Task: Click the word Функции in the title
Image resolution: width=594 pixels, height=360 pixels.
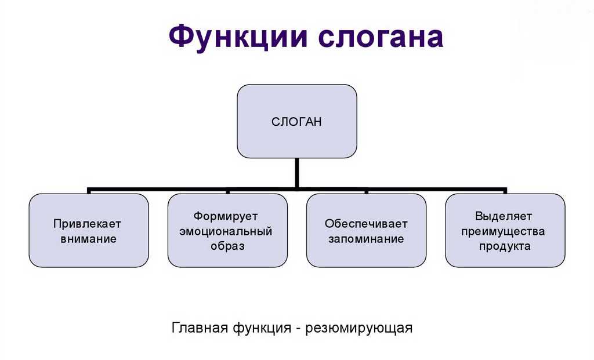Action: [238, 37]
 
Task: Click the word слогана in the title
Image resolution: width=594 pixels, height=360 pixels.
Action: [381, 37]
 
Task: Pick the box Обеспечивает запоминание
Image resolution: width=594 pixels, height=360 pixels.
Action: [366, 255]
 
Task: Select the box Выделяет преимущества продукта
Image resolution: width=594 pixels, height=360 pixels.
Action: [505, 258]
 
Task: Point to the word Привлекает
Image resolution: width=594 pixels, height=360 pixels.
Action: [88, 224]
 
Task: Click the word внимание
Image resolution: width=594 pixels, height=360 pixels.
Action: [88, 238]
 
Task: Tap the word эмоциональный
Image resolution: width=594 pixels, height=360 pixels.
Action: [227, 231]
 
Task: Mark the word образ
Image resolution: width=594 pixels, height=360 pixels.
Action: [227, 246]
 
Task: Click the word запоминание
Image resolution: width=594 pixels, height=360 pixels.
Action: [366, 238]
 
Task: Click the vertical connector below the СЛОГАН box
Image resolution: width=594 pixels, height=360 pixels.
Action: [297, 173]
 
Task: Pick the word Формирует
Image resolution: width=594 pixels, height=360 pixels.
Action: [227, 216]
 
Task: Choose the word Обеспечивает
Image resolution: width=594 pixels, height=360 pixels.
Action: [366, 224]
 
